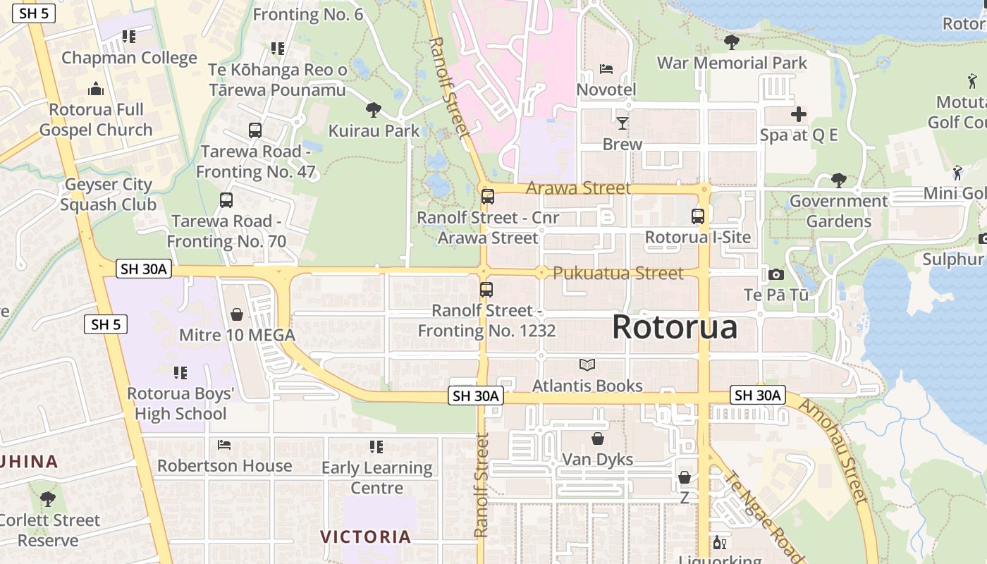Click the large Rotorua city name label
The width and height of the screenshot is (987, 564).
tap(675, 327)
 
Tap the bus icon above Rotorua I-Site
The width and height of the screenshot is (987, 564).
tap(698, 216)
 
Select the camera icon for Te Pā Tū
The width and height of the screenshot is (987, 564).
tap(776, 274)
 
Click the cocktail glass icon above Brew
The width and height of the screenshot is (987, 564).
tap(622, 123)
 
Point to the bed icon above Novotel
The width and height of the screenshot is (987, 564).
tap(606, 69)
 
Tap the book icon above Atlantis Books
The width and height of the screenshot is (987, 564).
tap(587, 364)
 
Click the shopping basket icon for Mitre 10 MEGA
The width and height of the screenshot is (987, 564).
tap(237, 314)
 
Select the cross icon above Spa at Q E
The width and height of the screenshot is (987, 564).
tap(799, 114)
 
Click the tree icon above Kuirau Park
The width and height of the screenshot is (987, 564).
tap(374, 109)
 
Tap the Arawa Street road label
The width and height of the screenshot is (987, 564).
tap(578, 188)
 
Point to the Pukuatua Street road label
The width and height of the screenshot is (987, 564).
tap(618, 273)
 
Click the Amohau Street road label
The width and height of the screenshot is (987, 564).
tap(832, 451)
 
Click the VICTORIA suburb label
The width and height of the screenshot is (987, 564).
tap(366, 537)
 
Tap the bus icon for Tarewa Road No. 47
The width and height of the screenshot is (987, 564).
tap(255, 130)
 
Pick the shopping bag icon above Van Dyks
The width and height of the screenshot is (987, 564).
tap(598, 439)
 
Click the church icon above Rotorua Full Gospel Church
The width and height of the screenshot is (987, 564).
tap(96, 89)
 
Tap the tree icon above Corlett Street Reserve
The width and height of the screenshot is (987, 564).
tap(48, 499)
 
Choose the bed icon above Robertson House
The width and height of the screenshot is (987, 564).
tap(224, 445)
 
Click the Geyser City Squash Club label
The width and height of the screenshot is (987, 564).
tap(108, 195)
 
